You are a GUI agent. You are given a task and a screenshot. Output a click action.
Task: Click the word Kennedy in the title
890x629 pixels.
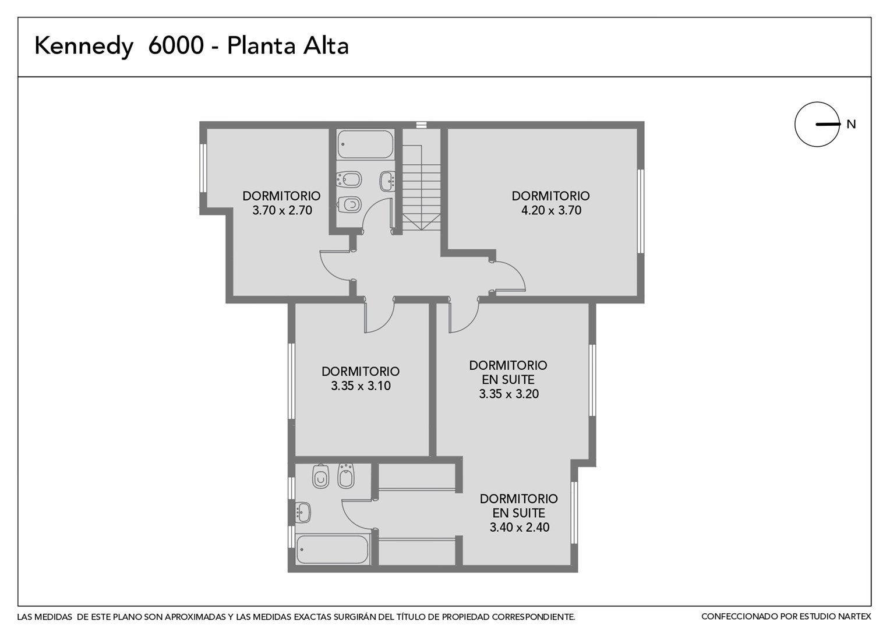coord(84,47)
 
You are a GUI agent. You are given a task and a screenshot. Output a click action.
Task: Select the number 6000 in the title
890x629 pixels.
coord(176,45)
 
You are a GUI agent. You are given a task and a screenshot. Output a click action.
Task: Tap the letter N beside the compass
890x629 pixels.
coord(850,125)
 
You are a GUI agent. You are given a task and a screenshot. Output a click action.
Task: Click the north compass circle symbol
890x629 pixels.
coord(817,125)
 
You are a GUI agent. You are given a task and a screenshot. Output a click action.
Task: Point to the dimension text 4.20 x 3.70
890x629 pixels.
coord(551,210)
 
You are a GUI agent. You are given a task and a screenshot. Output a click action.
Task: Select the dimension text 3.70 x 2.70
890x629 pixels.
coord(282,210)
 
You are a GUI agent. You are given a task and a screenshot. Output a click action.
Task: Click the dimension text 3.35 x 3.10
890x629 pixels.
coord(361,386)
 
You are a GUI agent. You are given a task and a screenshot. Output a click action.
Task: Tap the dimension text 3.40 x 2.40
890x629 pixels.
coord(520,527)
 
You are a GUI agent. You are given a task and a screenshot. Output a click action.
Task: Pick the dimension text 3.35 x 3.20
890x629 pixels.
coord(508,394)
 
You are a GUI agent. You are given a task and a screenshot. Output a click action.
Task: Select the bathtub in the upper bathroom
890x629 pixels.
coord(366,144)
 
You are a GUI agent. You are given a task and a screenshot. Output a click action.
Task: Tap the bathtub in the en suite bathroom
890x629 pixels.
coord(333,549)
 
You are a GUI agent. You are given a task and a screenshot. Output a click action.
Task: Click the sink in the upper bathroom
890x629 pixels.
coord(387,181)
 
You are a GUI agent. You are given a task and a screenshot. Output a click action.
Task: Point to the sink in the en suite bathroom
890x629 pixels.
coord(303,513)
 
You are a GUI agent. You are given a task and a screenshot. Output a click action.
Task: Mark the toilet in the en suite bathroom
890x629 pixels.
coord(320,476)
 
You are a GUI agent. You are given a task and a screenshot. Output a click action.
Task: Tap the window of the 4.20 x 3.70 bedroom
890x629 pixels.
coord(641,211)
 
